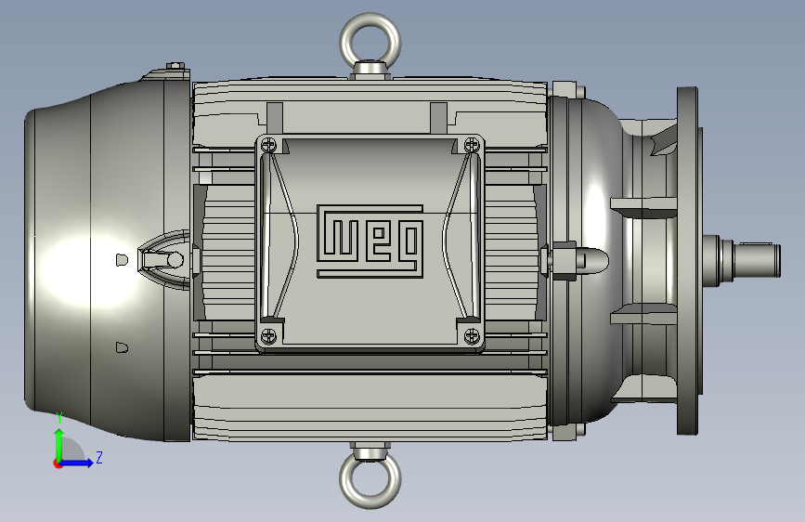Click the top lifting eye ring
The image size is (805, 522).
point(370,20)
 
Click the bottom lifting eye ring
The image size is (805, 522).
point(370,502)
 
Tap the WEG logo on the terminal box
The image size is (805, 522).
point(370,241)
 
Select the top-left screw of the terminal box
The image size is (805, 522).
point(268,145)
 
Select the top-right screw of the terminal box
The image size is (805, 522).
point(472,145)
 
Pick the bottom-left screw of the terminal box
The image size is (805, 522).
point(268,337)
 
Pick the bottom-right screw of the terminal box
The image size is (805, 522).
point(472,337)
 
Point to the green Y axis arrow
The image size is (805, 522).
point(59,439)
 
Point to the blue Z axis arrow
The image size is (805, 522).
point(75,463)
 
